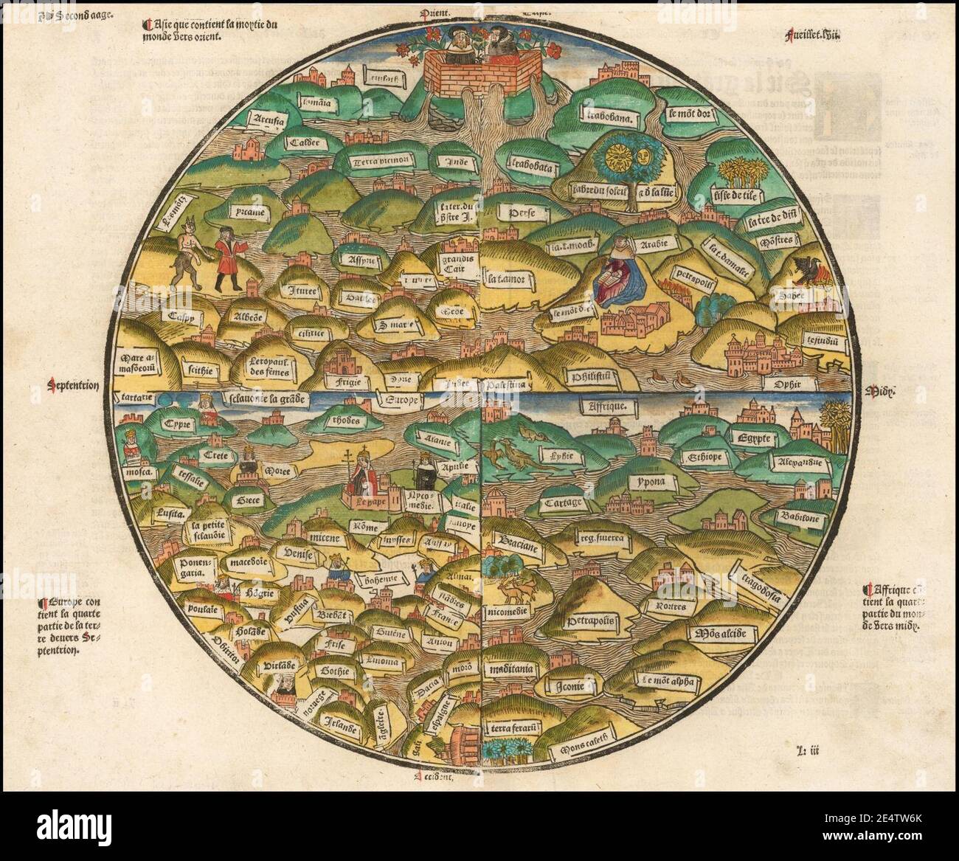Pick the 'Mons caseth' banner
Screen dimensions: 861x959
(x=586, y=751)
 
